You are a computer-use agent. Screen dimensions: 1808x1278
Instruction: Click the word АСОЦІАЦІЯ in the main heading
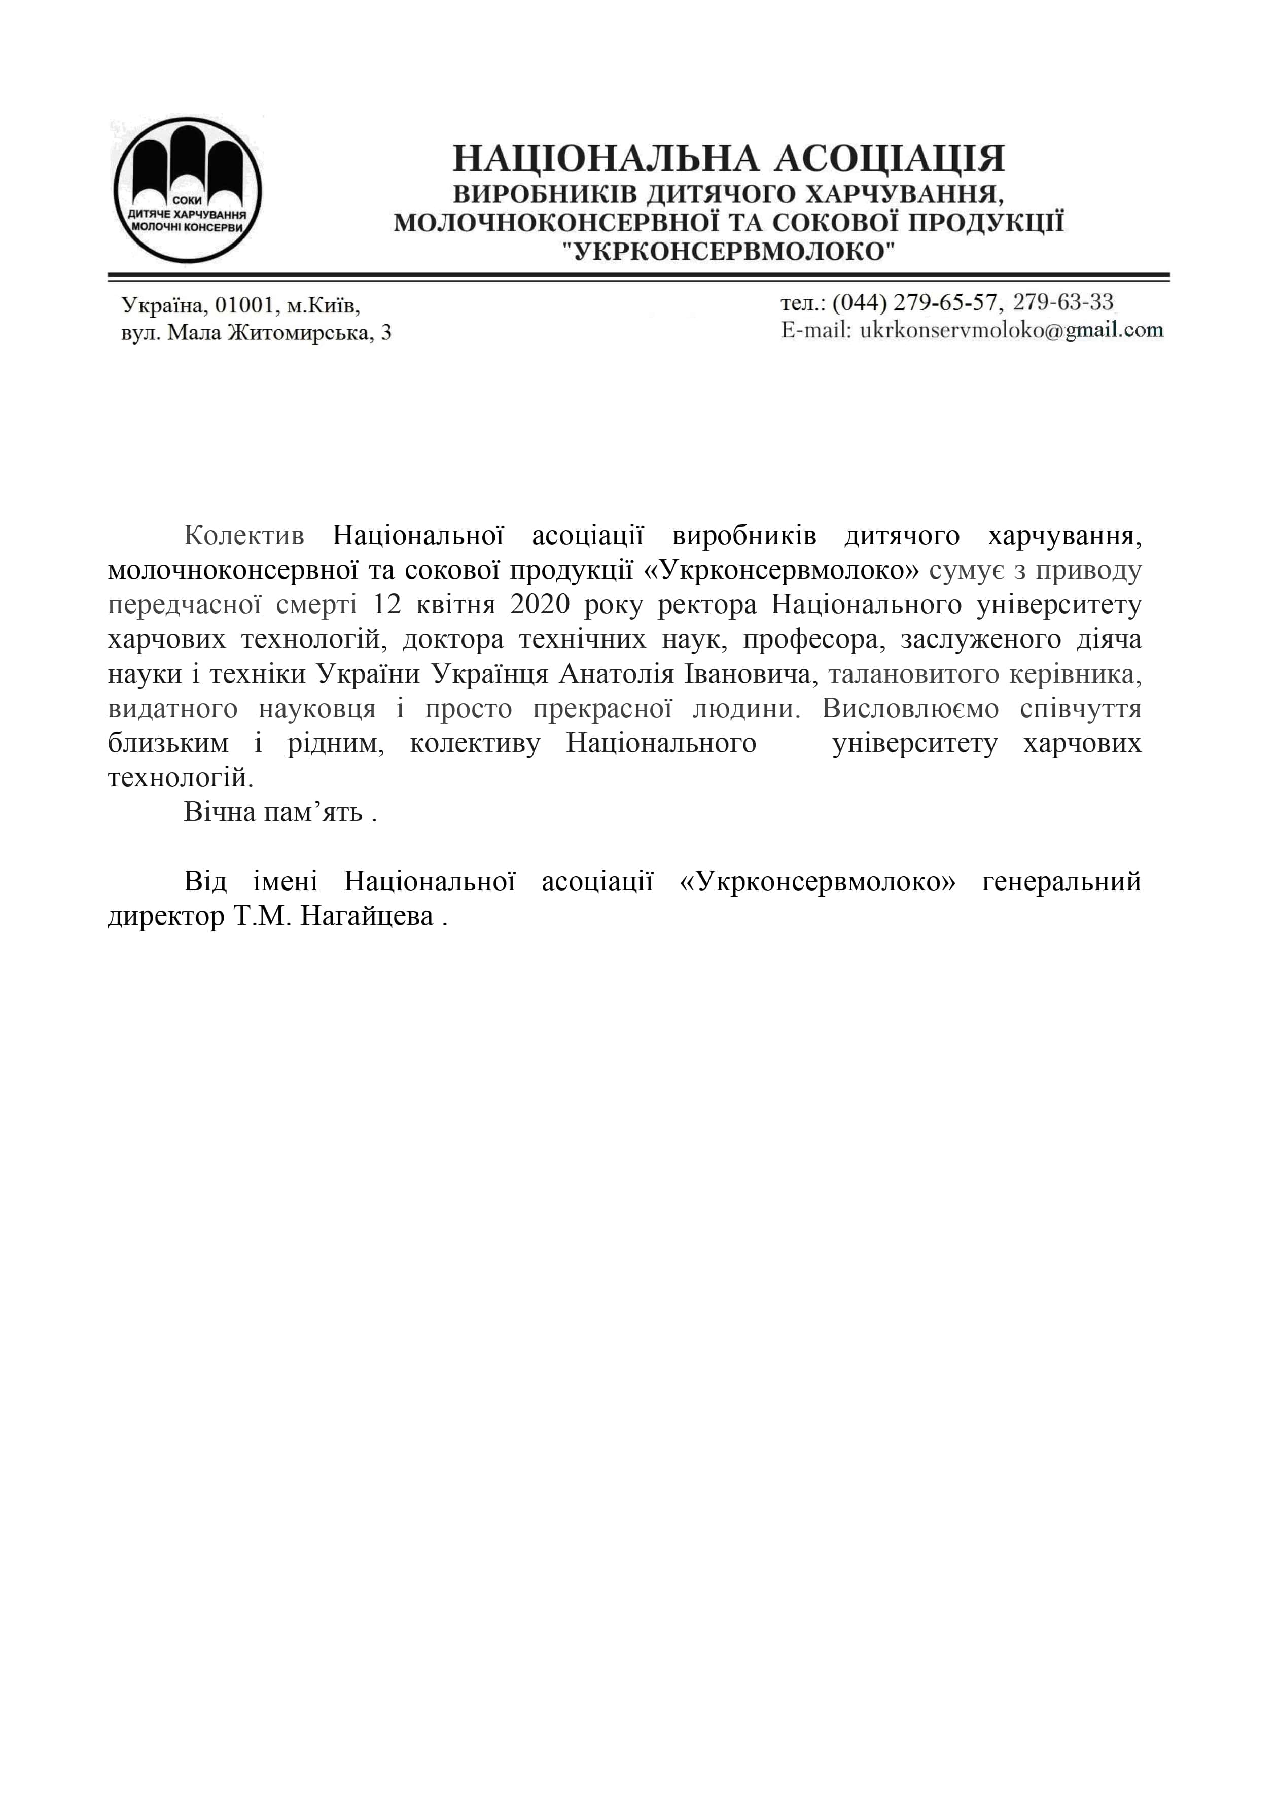pos(890,159)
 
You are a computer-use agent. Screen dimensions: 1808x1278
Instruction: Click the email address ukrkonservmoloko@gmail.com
pos(1011,331)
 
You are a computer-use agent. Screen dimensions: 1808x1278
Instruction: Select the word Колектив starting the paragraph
pos(243,536)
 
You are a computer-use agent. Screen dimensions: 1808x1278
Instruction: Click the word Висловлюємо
pos(910,709)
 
